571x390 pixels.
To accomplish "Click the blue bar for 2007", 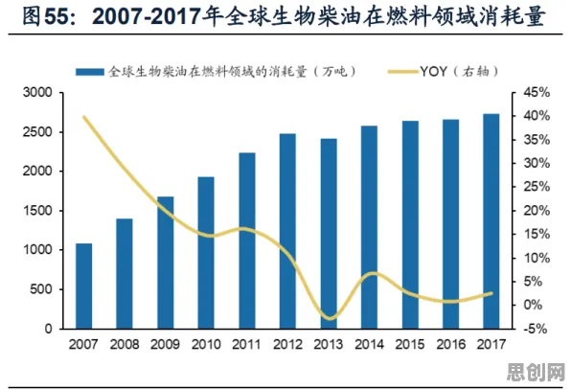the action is coord(83,286).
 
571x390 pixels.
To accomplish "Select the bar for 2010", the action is coord(206,253).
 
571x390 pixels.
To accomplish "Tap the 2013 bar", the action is coord(329,234).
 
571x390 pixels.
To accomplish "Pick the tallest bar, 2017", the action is coord(491,221).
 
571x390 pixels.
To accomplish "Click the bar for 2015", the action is coord(410,224).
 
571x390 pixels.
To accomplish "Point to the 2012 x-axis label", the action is coord(287,344).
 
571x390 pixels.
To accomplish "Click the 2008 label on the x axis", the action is coord(125,344).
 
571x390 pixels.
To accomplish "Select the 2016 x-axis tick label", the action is coord(451,344).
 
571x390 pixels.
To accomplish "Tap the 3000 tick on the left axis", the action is coord(37,93).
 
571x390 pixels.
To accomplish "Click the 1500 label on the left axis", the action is coord(37,211).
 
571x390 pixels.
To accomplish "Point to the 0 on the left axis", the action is coord(49,329).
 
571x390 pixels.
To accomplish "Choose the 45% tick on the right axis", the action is coord(537,93).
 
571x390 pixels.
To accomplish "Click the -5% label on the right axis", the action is coord(535,329).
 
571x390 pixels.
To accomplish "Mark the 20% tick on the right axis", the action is coord(537,211).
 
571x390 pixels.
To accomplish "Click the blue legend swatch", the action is coord(90,72).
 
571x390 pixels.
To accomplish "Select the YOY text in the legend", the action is coord(433,71).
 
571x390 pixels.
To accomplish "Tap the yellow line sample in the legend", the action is coord(402,72).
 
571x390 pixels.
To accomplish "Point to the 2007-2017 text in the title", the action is coord(146,16).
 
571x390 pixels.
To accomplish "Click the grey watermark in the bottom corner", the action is coord(536,372).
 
